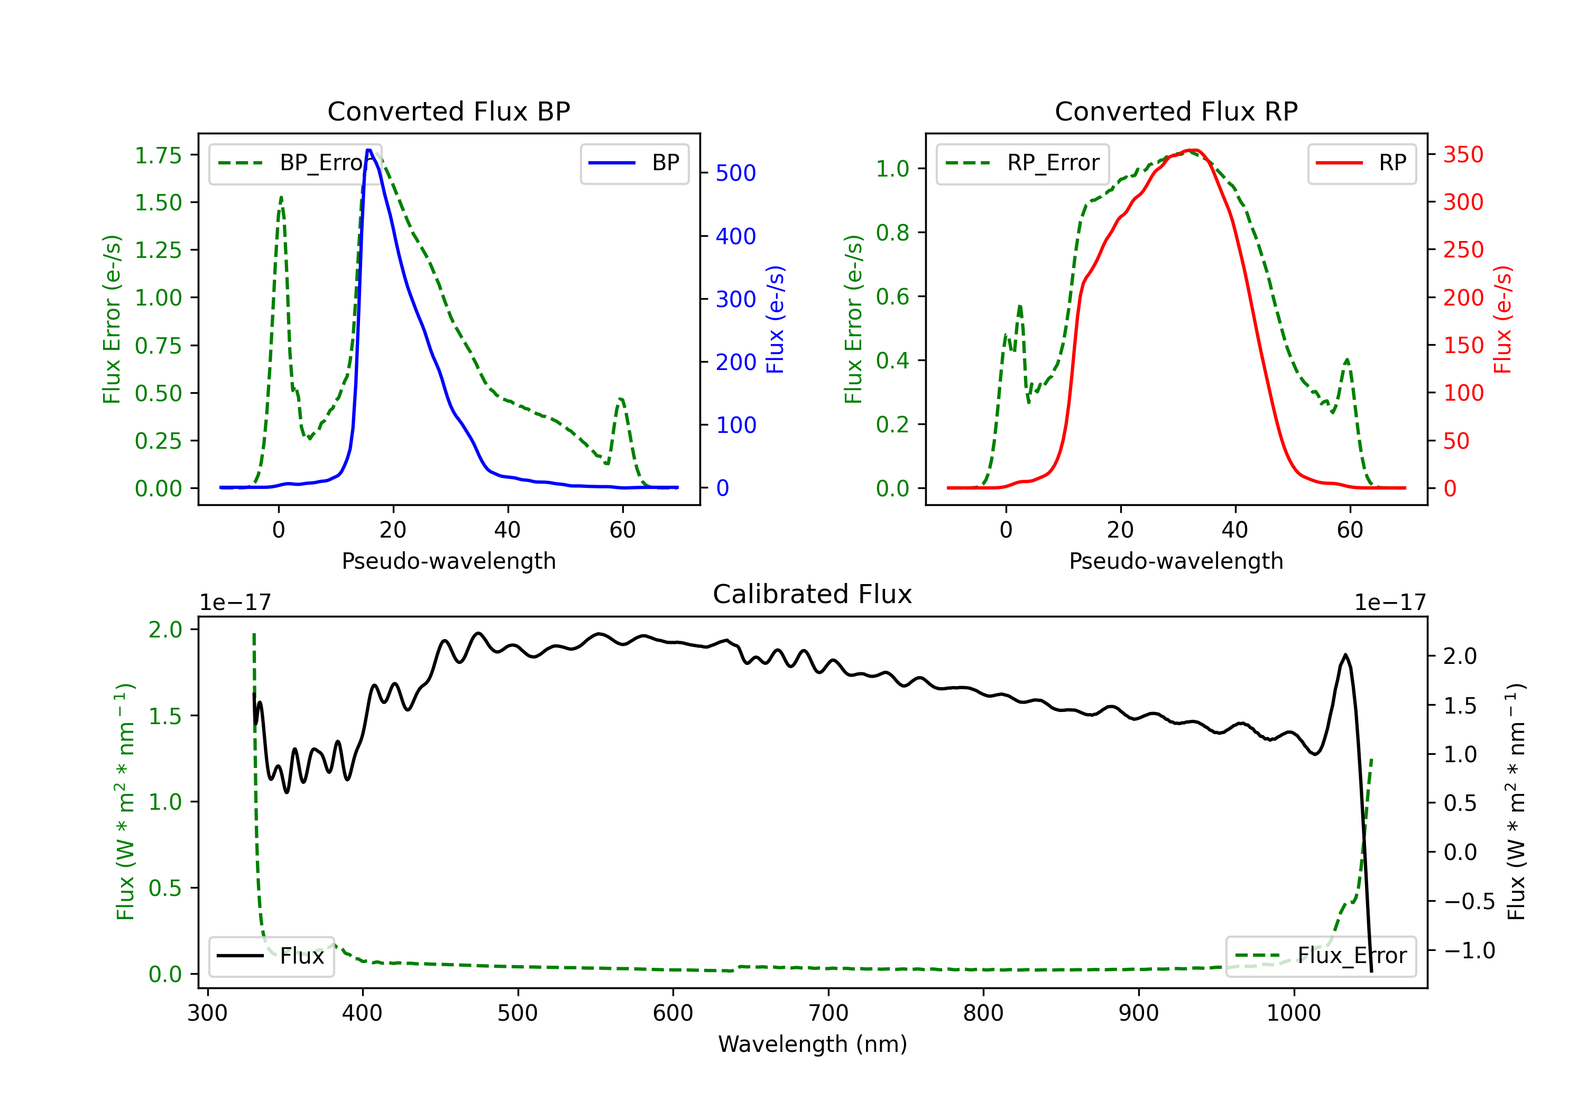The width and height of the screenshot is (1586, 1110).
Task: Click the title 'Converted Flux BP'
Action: [x=448, y=111]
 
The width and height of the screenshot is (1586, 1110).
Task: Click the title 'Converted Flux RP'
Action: [x=1176, y=111]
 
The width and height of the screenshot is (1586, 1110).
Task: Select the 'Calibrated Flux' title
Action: [x=813, y=594]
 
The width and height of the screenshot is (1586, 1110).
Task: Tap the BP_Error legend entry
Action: [x=293, y=163]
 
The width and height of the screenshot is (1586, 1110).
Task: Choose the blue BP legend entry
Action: [x=634, y=163]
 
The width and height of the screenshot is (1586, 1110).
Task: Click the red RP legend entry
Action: [x=1361, y=163]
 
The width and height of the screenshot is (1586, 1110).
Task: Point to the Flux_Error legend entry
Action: [x=1321, y=956]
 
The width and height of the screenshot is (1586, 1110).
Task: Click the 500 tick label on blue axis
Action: [x=736, y=173]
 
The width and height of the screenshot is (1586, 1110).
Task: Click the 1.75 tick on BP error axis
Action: [x=158, y=155]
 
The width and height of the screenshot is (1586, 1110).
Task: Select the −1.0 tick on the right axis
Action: [x=1469, y=950]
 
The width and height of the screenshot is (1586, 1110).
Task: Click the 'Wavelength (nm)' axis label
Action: [x=813, y=1044]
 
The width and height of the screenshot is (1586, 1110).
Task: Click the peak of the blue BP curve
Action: [x=369, y=150]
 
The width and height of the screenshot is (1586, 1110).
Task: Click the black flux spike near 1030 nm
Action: [x=1345, y=654]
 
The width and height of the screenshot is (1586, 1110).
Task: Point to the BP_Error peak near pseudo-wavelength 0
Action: [x=281, y=198]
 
